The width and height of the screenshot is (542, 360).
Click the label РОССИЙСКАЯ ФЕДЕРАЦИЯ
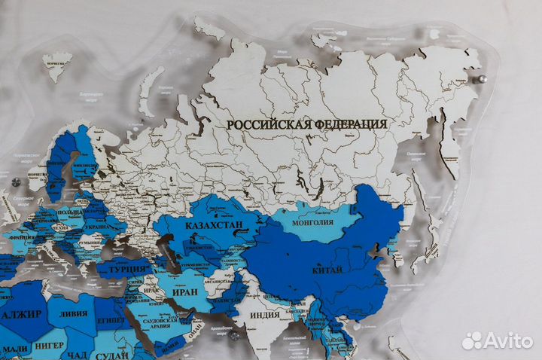307,124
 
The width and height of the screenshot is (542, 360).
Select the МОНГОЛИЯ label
312,221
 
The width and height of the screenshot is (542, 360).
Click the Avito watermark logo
498,340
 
